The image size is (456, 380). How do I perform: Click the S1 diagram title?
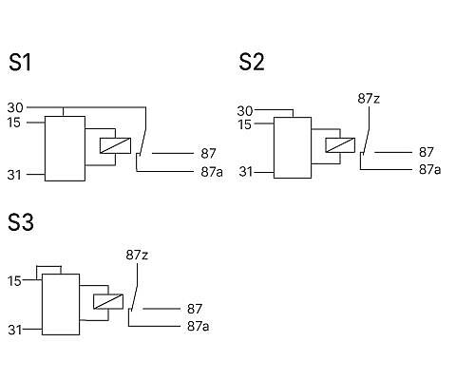[x=20, y=63]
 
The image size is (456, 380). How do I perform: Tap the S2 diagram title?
[x=252, y=62]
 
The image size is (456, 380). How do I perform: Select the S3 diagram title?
[x=21, y=222]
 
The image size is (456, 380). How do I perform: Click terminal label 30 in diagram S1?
[x=15, y=107]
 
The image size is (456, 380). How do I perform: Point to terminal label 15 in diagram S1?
[x=14, y=123]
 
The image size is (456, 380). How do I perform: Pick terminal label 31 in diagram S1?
[x=14, y=175]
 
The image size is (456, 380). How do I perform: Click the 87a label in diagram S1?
[x=212, y=172]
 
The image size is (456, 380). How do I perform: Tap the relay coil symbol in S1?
[x=115, y=145]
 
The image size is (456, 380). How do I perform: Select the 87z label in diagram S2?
[x=369, y=99]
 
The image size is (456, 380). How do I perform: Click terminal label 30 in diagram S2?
[x=245, y=111]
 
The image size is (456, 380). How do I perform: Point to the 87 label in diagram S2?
[x=427, y=152]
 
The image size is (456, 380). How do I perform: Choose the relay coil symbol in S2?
[x=340, y=145]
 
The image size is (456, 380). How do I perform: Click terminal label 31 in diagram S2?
[x=246, y=172]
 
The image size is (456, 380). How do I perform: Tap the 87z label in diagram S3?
[x=137, y=255]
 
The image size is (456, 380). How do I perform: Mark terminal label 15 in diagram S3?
[x=14, y=281]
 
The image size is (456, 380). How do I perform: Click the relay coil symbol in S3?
[x=108, y=301]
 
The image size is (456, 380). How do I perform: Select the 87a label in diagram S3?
[x=199, y=326]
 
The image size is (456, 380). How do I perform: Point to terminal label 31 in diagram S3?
[x=15, y=330]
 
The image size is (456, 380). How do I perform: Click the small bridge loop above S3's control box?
[x=48, y=266]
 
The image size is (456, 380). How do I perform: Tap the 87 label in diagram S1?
[x=208, y=154]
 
